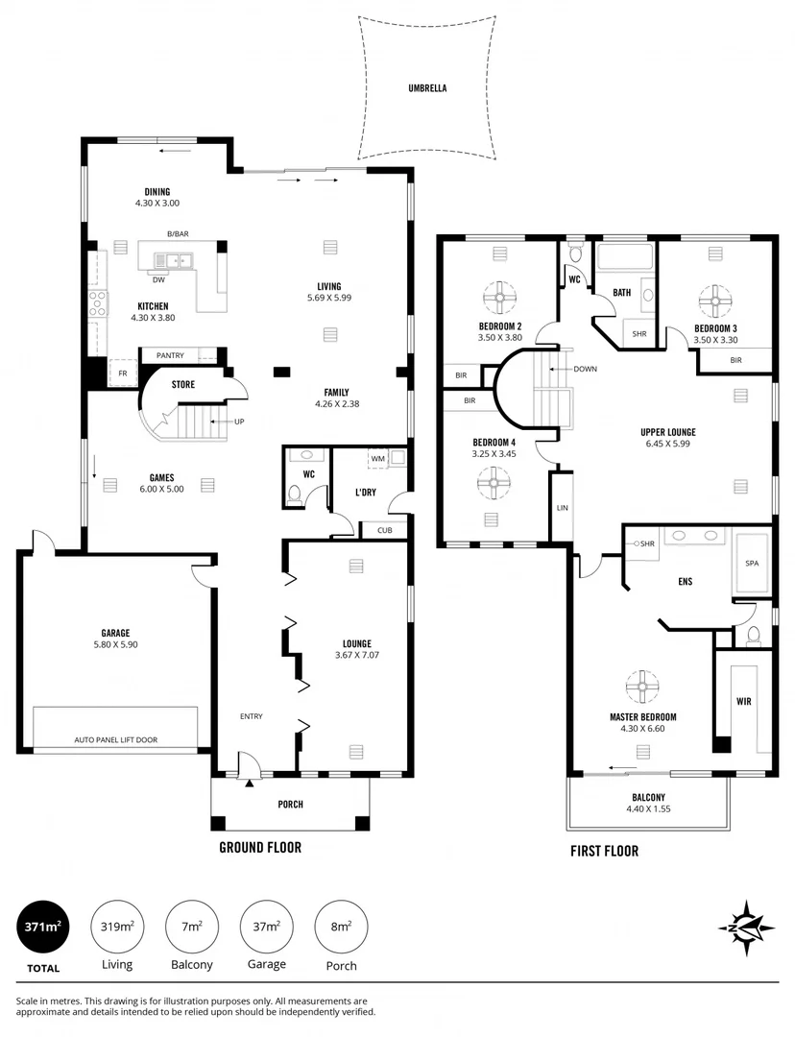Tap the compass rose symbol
coord(745,927)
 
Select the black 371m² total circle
coord(43,927)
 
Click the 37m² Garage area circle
coord(266,927)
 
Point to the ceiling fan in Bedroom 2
coord(499,298)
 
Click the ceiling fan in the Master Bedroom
coord(642,687)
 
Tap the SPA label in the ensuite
coord(751,564)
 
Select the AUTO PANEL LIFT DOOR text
coord(116,740)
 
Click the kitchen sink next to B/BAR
coord(178,259)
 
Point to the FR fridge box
coord(123,374)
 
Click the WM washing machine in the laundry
coord(378,459)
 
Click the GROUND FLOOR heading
coord(260,847)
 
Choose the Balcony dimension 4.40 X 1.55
coord(648,810)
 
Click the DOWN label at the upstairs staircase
coord(584,369)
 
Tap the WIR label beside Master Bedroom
coord(743,702)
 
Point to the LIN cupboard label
coord(562,506)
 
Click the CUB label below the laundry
coord(384,530)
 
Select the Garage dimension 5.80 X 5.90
coord(115,645)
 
